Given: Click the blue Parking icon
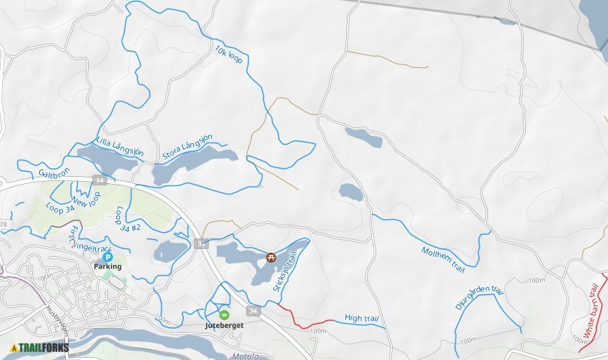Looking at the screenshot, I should [x=107, y=256].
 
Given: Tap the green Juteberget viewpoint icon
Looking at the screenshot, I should [x=224, y=314].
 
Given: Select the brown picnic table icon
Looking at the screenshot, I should [x=271, y=257].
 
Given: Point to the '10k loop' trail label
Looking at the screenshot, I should [x=229, y=56].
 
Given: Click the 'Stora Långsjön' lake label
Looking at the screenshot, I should [x=188, y=149].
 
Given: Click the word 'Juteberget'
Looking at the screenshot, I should [x=224, y=325].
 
